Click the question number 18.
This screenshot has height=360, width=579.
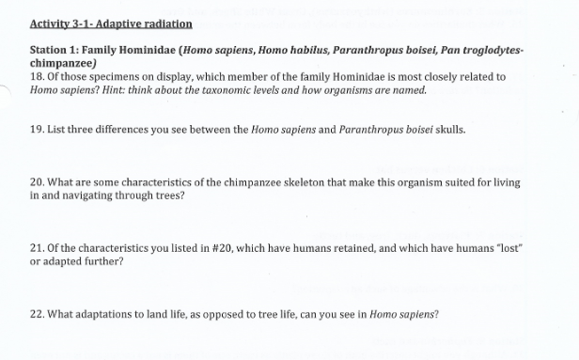(37, 77)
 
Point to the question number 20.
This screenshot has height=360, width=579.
(37, 181)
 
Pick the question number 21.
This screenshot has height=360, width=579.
(37, 247)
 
